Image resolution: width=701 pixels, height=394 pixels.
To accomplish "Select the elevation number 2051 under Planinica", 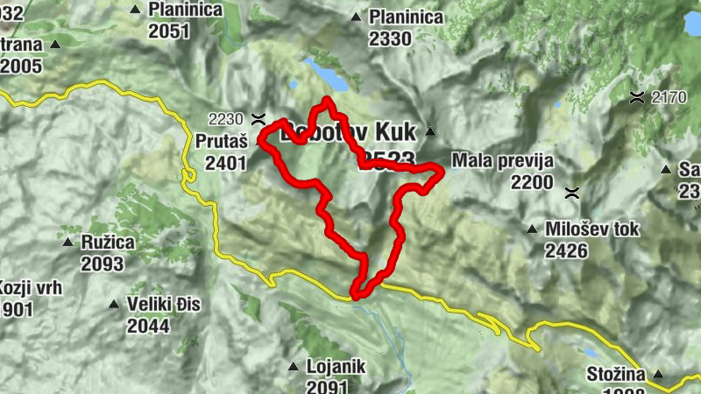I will [x=169, y=32].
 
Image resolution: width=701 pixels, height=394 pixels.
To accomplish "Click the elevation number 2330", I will [x=390, y=39].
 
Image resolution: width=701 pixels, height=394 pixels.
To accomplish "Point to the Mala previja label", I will [x=503, y=161].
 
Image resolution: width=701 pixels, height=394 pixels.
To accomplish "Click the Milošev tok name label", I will [x=592, y=229].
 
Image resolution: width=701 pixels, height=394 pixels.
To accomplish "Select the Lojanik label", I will [x=336, y=367].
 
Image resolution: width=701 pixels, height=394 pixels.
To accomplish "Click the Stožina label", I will [x=616, y=376].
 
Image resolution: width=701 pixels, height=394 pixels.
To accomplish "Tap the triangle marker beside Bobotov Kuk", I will [x=430, y=132].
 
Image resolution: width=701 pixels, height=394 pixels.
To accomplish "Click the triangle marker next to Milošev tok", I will [x=531, y=230].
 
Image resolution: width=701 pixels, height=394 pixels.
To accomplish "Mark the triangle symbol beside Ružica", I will [x=67, y=241].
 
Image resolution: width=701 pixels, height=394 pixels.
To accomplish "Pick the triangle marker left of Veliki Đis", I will [x=113, y=305].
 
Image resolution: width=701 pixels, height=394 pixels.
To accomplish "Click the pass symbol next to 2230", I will [x=258, y=117].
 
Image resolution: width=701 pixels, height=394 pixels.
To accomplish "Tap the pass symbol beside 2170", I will [x=640, y=96].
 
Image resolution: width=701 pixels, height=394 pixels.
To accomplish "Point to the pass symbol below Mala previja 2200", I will [x=572, y=190].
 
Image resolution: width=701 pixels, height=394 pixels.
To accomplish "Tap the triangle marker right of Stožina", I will [x=659, y=376].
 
